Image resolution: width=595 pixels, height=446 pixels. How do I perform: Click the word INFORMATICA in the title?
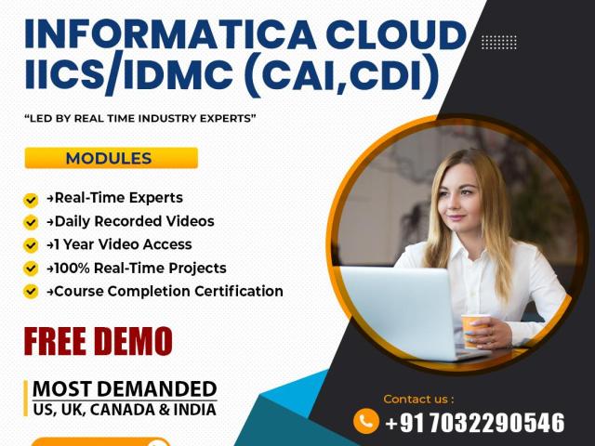pos(170,34)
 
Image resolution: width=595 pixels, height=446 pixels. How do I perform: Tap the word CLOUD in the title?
pos(396,34)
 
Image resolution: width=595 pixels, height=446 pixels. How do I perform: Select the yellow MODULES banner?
pos(112,158)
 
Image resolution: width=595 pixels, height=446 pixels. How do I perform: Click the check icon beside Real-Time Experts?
pos(31,200)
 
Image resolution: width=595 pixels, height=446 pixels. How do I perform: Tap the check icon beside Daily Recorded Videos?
pos(31,223)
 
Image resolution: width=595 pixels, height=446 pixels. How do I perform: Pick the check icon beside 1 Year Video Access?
pos(31,245)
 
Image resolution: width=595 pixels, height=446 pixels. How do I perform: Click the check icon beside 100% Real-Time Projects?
pos(31,269)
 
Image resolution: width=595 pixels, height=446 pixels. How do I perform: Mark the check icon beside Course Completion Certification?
pos(31,292)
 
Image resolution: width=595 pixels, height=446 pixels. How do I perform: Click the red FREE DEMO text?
pos(99,341)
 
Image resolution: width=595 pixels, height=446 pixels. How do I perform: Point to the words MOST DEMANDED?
pos(125,389)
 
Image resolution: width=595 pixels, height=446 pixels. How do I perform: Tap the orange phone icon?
pos(365,421)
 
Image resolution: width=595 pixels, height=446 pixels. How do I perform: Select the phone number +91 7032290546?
pos(475,423)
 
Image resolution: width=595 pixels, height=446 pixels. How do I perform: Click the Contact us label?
pos(418,399)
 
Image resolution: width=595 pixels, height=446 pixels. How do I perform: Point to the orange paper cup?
pos(474,330)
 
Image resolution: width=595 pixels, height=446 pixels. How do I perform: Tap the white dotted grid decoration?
pos(499,42)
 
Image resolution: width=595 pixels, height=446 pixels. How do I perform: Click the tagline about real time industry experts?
pos(140,118)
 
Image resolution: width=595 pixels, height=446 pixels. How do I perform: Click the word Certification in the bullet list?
pos(239,291)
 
